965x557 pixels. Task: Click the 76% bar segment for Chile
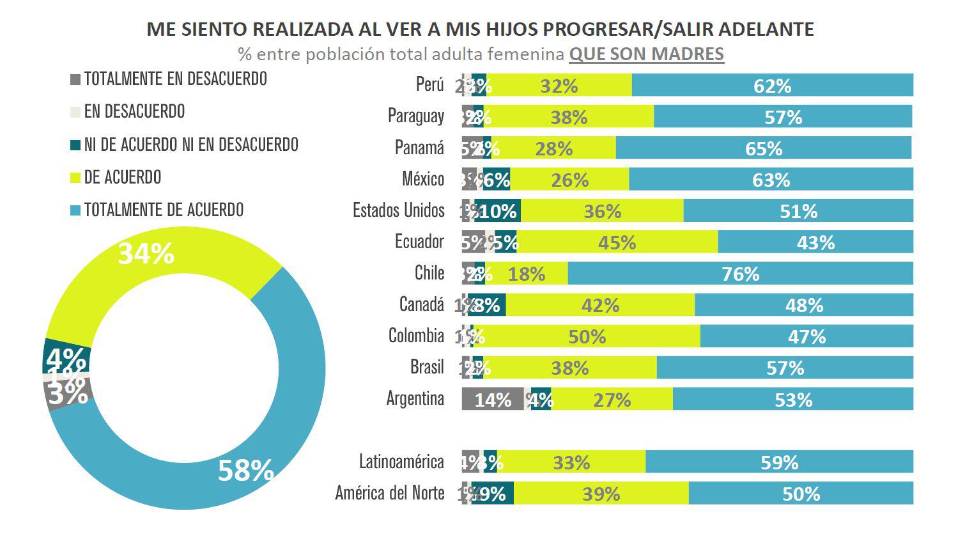[x=740, y=274]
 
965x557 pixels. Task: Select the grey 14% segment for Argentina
[x=493, y=399]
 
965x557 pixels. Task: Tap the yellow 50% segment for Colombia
[x=587, y=336]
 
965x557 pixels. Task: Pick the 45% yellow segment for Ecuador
[x=617, y=242]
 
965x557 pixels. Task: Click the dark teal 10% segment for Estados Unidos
[x=498, y=211]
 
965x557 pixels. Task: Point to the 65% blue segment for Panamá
[x=763, y=148]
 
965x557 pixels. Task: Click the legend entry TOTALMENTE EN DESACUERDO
[x=175, y=79]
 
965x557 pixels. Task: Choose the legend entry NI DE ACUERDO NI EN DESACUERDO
[x=191, y=145]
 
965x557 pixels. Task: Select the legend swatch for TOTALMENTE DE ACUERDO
[x=75, y=210]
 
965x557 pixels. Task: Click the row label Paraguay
[x=415, y=116]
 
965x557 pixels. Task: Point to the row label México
[x=422, y=178]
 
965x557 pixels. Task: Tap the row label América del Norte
[x=389, y=493]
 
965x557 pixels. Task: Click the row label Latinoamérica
[x=401, y=462]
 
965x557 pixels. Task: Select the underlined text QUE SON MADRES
[x=646, y=54]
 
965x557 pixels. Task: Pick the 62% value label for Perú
[x=772, y=86]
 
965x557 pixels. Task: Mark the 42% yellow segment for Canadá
[x=600, y=305]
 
